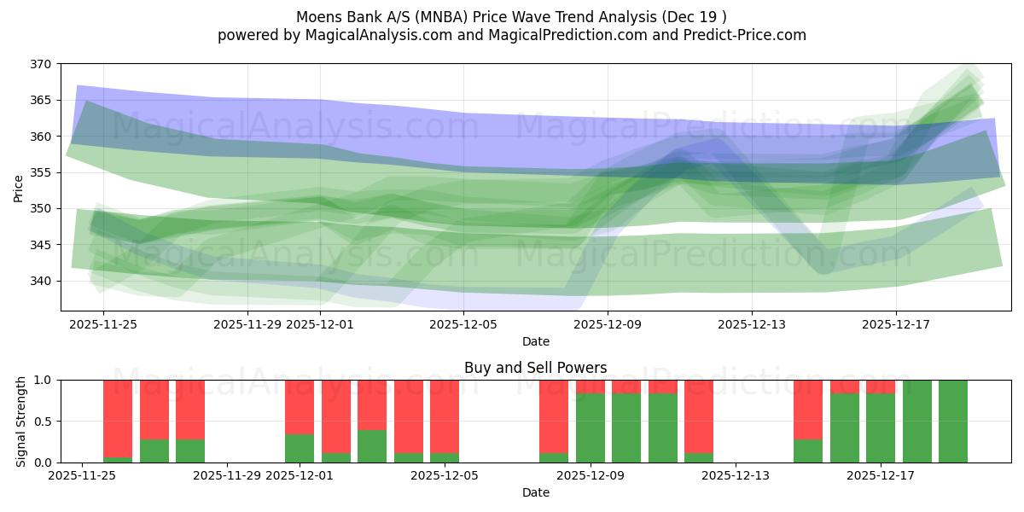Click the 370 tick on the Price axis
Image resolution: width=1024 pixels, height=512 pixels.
coord(42,64)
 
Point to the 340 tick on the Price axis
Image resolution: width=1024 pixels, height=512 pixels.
coord(42,281)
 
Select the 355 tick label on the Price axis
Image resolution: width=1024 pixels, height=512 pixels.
coord(42,172)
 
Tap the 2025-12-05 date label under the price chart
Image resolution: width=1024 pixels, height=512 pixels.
coord(463,324)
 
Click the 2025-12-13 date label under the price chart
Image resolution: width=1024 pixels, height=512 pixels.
coord(752,324)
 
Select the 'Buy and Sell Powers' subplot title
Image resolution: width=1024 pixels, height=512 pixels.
coord(535,368)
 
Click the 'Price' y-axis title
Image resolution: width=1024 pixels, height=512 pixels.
coord(19,188)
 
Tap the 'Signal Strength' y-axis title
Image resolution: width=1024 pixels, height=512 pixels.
coord(21,421)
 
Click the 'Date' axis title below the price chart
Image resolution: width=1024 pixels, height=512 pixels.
coord(535,341)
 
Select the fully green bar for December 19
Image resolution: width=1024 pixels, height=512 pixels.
coord(953,422)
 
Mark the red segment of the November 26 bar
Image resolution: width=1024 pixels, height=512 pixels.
coord(118,418)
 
